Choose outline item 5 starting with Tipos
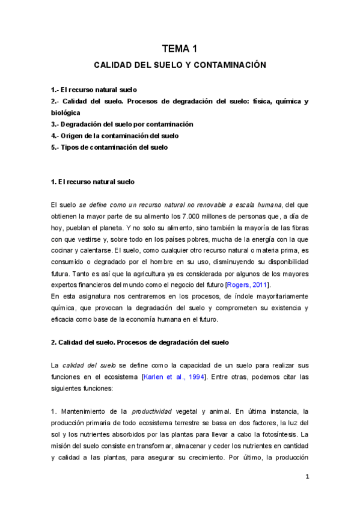[109, 147]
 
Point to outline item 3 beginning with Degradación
[123, 124]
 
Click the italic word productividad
[151, 411]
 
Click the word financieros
[99, 284]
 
